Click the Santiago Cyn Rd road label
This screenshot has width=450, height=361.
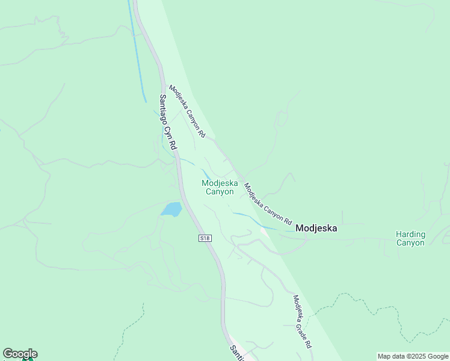[x=169, y=122]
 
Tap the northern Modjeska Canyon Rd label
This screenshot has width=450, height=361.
[x=188, y=111]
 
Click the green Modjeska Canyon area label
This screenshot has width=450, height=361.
[x=220, y=187]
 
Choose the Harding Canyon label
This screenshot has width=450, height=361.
[x=410, y=238]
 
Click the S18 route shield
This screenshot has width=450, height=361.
[x=205, y=238]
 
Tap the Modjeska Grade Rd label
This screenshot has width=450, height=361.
[x=303, y=322]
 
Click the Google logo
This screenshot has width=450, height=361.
[x=20, y=354]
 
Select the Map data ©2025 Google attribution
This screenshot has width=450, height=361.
[x=413, y=356]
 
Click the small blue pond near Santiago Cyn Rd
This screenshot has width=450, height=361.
[x=171, y=209]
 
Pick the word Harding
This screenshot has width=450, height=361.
[x=410, y=234]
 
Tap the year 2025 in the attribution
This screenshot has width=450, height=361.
[x=414, y=356]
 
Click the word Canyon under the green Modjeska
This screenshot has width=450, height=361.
[x=220, y=192]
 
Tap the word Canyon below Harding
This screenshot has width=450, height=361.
[x=410, y=243]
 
